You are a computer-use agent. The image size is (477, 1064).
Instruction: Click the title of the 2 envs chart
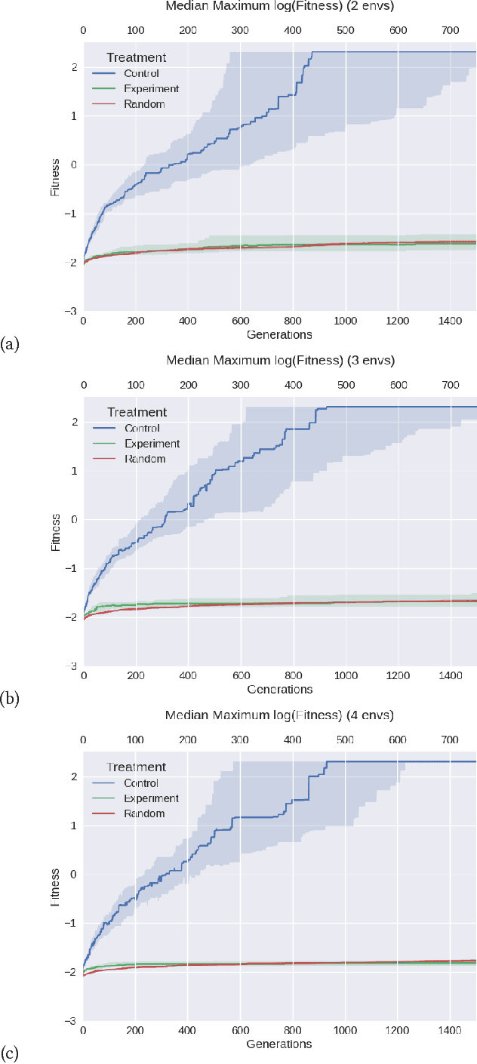tap(279, 7)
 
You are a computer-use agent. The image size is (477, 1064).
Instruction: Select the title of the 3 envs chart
tap(279, 361)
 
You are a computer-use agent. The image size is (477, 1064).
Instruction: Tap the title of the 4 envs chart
tap(279, 715)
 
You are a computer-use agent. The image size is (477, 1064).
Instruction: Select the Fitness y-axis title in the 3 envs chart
tap(56, 532)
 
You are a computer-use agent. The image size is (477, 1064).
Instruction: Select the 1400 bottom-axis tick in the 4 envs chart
tap(451, 1030)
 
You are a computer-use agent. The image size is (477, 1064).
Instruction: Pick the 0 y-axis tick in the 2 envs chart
tap(74, 165)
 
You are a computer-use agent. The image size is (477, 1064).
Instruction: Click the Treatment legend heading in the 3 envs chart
tap(137, 412)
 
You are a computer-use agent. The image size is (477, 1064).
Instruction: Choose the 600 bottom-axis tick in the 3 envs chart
tap(240, 675)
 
